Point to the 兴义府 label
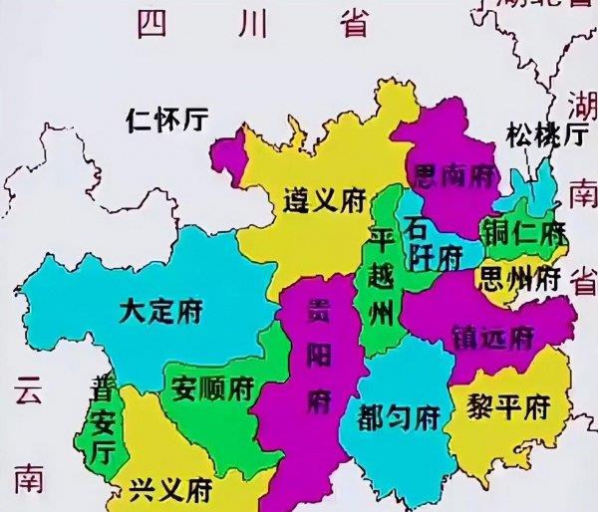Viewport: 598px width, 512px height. [x=170, y=490]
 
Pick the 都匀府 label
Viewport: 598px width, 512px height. [x=399, y=413]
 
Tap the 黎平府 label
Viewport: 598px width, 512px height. [x=508, y=406]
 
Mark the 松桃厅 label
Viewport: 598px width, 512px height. [x=544, y=133]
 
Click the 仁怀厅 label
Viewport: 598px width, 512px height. [x=167, y=121]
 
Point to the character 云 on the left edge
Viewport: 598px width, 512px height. [x=26, y=392]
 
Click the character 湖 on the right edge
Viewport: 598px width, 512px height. [x=579, y=105]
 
